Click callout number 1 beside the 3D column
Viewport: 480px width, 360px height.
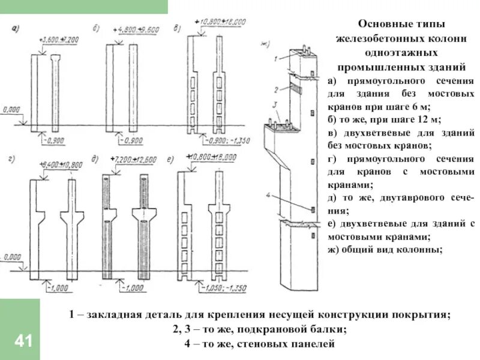click(x=274, y=59)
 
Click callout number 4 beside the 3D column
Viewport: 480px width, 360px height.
click(x=271, y=195)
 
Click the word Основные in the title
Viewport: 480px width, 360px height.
click(x=382, y=25)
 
